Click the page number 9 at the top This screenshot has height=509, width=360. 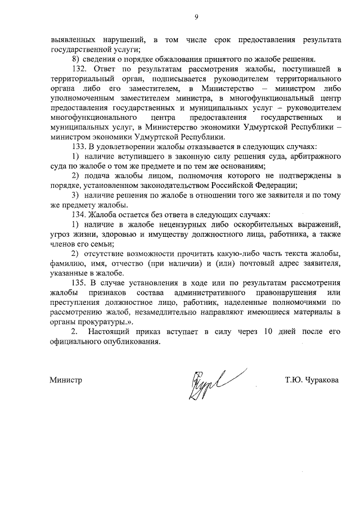tap(197, 17)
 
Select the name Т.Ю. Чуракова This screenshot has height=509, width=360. tap(312, 380)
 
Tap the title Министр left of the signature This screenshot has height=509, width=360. tap(66, 380)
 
